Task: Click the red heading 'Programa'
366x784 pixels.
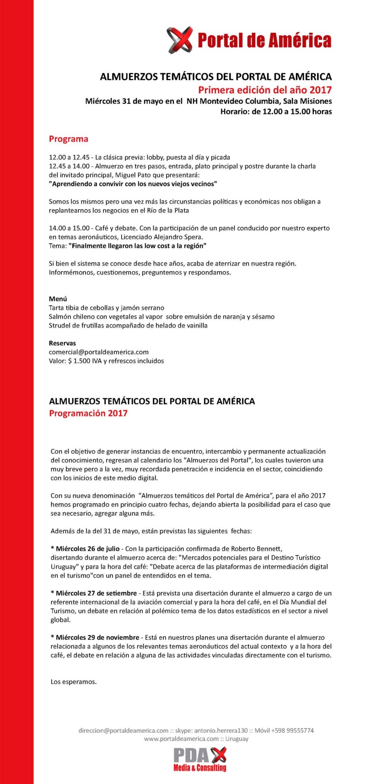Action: [x=69, y=139]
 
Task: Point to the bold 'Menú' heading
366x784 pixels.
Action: [x=58, y=299]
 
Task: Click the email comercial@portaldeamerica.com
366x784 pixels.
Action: [x=99, y=352]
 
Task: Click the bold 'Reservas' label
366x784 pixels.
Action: [x=63, y=343]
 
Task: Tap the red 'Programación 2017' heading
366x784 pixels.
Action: [x=88, y=413]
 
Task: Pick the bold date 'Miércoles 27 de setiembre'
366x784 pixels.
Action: [x=94, y=593]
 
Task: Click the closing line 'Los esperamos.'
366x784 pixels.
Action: [x=74, y=682]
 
